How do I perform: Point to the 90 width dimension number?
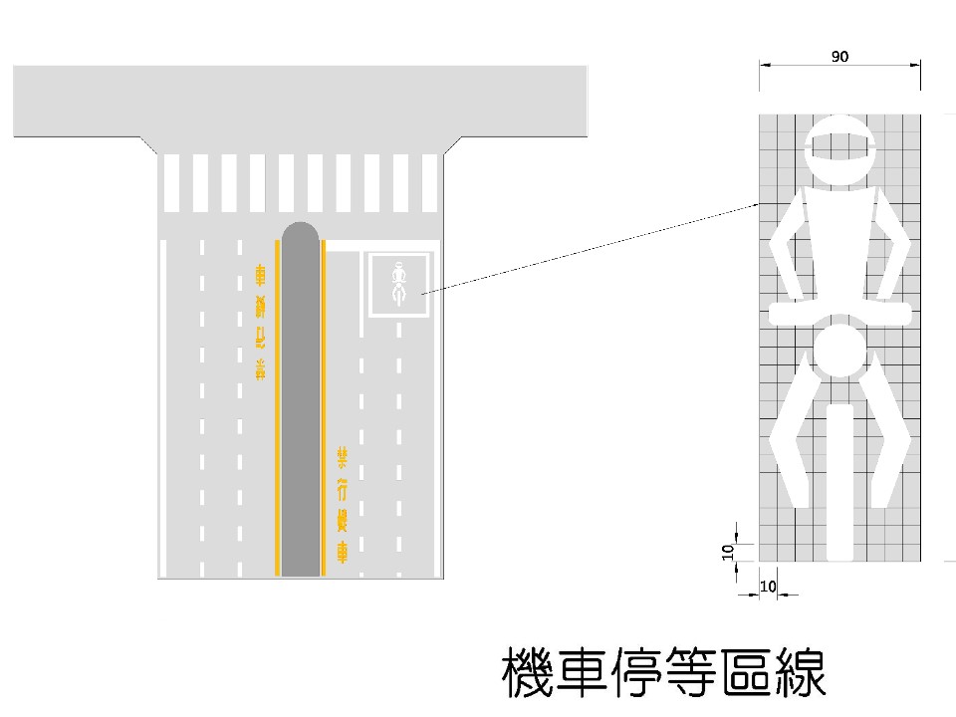(x=839, y=57)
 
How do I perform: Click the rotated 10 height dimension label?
(x=727, y=550)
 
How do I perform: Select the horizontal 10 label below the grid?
(x=767, y=588)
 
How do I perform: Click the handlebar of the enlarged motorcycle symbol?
(x=839, y=314)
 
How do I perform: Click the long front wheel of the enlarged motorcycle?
(x=839, y=478)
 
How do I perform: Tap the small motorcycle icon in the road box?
(x=399, y=284)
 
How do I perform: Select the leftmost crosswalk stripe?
(x=172, y=181)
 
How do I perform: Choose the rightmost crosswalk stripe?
(x=429, y=181)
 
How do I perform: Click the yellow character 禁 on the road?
(x=342, y=457)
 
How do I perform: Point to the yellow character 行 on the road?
(x=342, y=489)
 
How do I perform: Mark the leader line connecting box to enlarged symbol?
(x=588, y=249)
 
